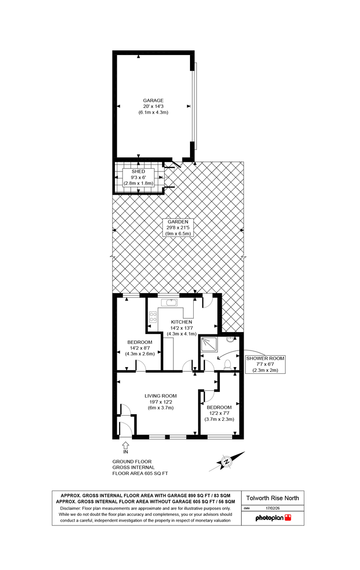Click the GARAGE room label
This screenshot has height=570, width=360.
coord(153,101)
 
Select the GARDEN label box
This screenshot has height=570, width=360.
coord(178,228)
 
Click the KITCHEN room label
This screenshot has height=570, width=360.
coord(182,322)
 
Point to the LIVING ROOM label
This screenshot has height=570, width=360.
coord(161,396)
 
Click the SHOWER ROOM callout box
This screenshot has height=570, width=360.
coord(265,364)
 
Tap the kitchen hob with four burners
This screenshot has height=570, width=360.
coord(153,317)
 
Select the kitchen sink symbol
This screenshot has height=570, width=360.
coord(170,302)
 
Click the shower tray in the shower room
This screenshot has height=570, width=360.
coord(208,345)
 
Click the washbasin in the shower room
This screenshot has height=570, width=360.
coord(231,339)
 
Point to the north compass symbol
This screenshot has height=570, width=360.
coord(227,461)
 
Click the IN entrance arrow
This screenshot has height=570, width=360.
coord(125,445)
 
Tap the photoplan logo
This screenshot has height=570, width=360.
coord(273,518)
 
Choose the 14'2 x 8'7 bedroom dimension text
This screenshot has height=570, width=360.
coord(140,348)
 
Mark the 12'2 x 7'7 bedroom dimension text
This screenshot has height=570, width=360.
coord(219,413)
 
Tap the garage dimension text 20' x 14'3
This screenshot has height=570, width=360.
coord(153,107)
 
